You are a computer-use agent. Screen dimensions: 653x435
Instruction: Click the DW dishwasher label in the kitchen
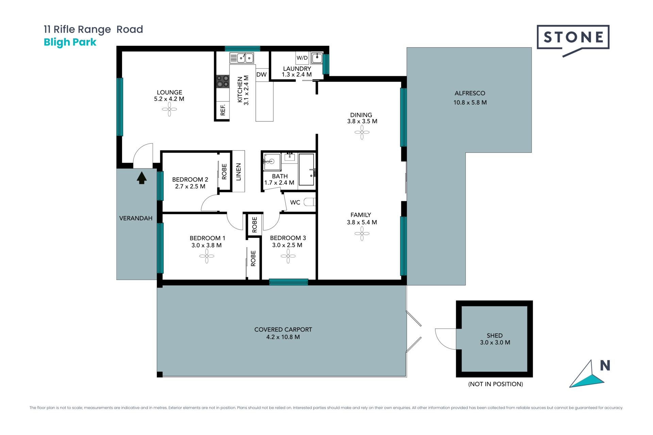[x=261, y=74]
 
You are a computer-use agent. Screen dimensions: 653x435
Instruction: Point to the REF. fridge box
[x=223, y=110]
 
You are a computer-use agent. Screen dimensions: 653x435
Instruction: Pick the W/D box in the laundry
[x=302, y=58]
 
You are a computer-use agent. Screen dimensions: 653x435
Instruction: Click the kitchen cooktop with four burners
[x=223, y=81]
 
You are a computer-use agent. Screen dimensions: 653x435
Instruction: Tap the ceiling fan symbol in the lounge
[x=169, y=109]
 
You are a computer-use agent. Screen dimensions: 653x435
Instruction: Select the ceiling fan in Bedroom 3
[x=288, y=256]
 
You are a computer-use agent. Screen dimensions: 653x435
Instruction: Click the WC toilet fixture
[x=309, y=202]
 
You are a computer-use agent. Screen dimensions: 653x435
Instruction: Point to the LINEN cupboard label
[x=238, y=172]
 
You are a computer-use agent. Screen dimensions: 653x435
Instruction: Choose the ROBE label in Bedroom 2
[x=224, y=171]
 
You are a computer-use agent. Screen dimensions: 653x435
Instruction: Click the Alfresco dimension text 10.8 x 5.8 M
[x=470, y=102]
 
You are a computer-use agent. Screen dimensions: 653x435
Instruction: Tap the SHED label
[x=495, y=335]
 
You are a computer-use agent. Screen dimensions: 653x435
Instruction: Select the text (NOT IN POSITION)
[x=496, y=384]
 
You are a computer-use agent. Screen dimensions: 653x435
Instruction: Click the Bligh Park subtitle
[x=70, y=42]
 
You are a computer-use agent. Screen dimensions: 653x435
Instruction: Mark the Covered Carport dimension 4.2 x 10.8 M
[x=283, y=337]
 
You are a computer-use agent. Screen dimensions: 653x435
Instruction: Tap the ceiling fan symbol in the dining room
[x=362, y=132]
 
